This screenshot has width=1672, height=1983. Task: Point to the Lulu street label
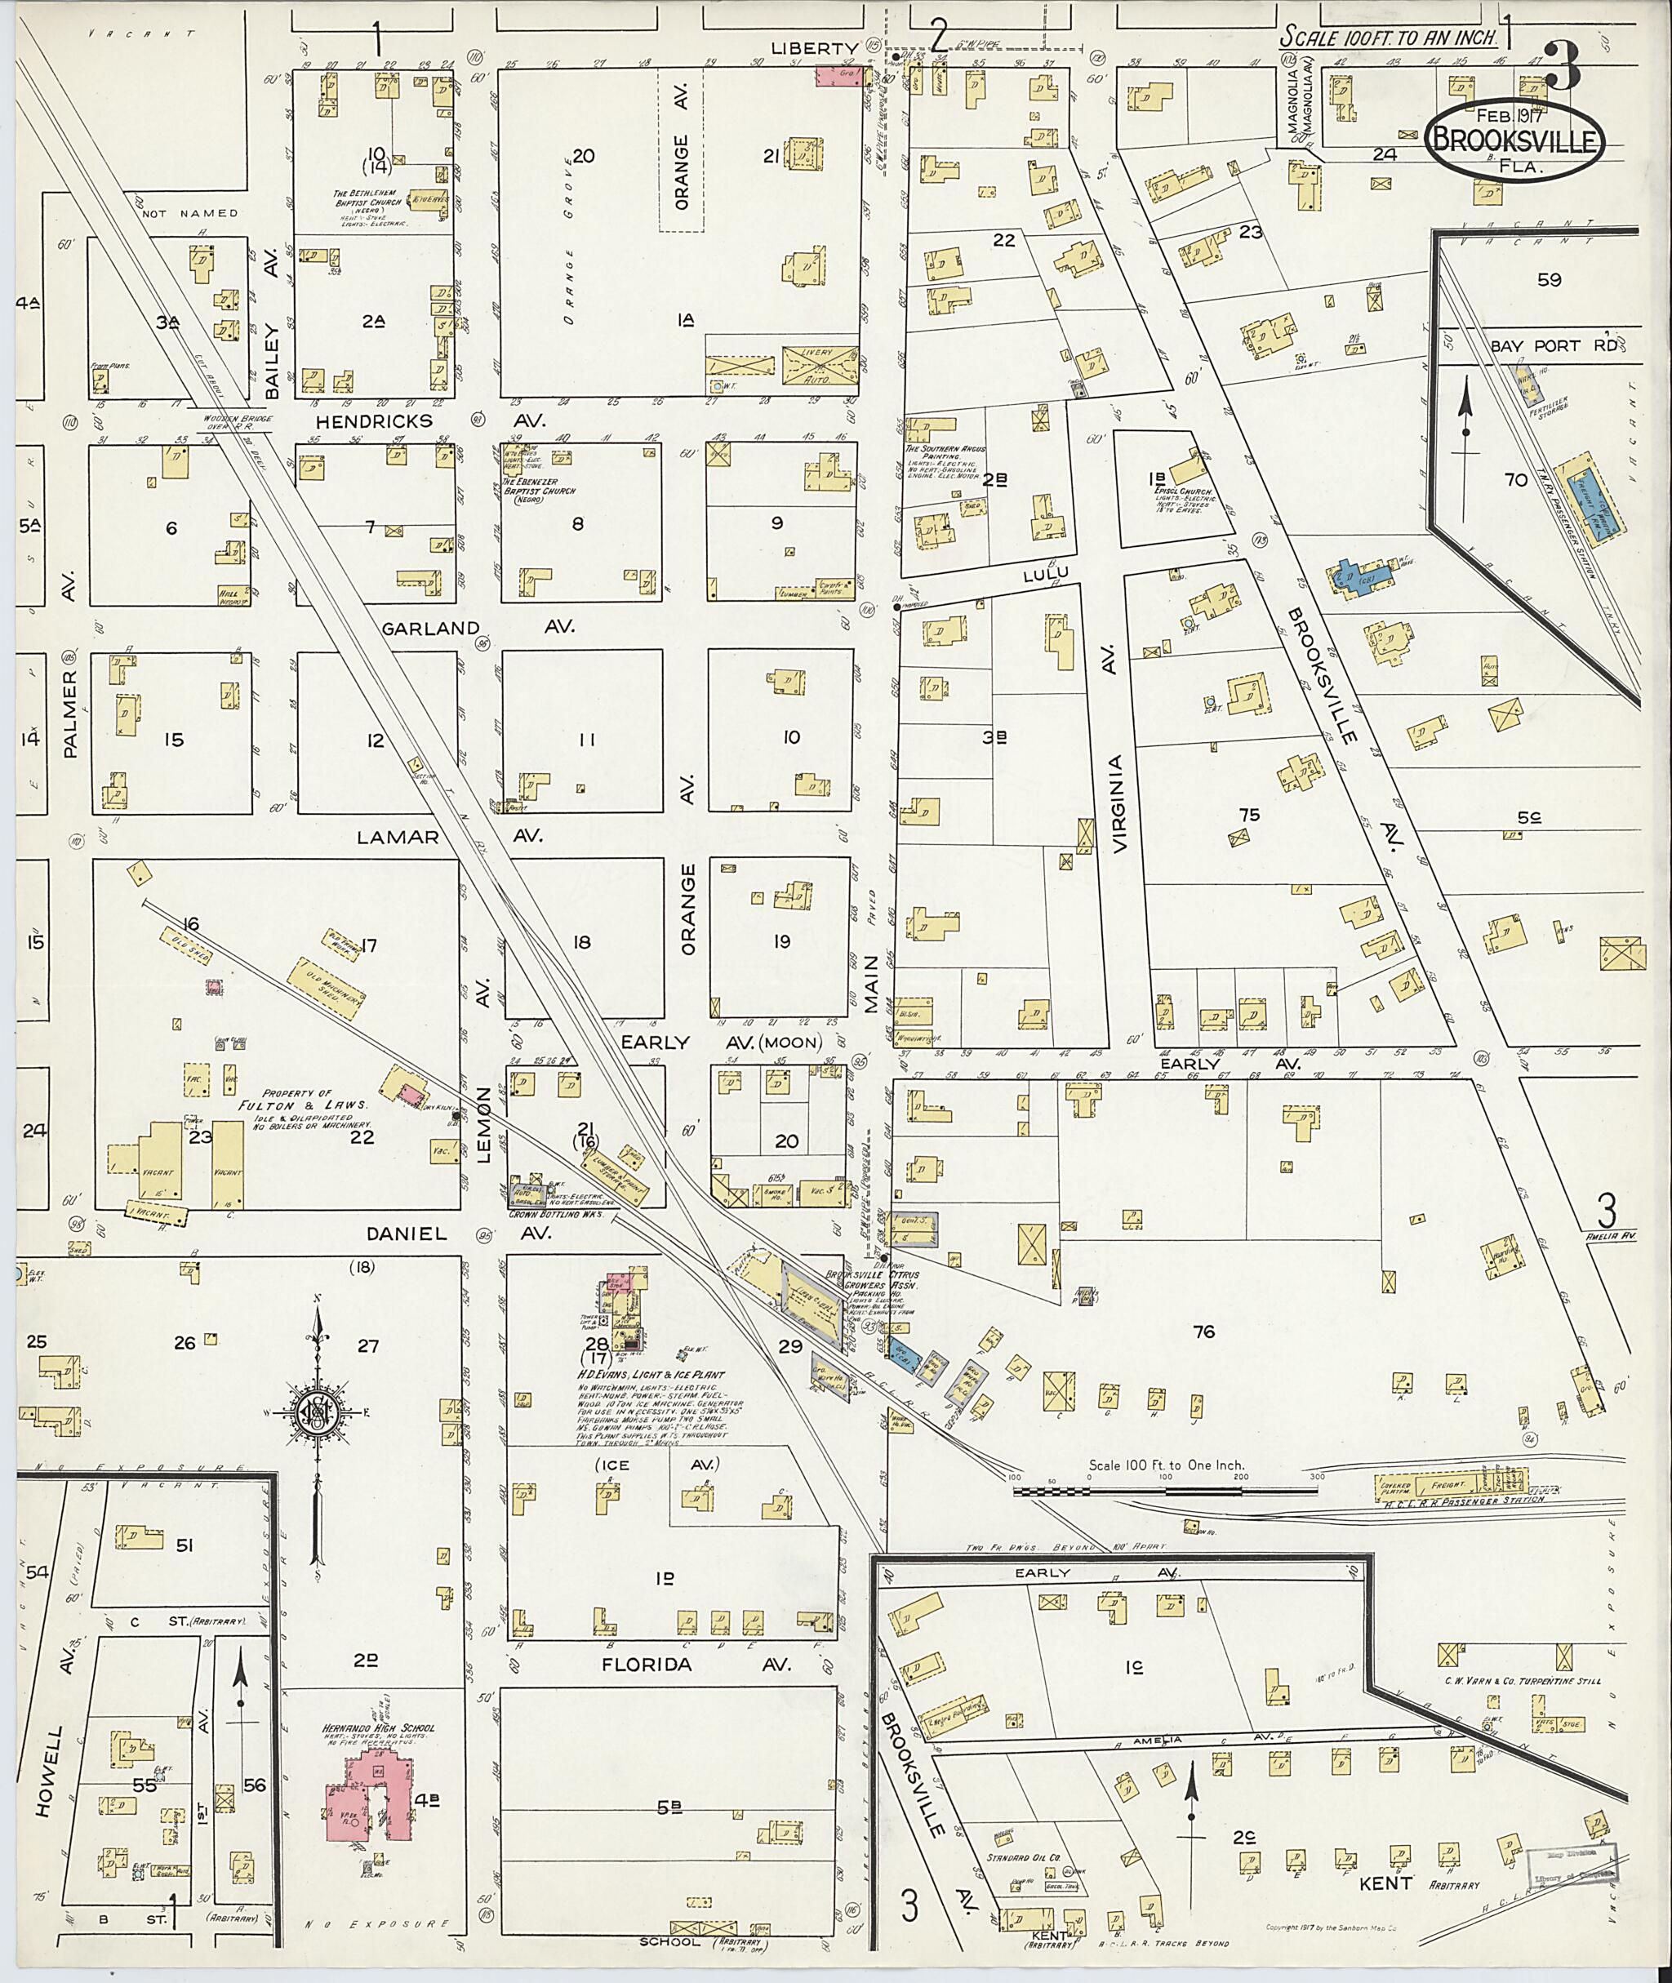tap(1046, 572)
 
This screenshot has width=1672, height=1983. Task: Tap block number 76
tap(1203, 1332)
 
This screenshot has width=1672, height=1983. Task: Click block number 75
tap(1249, 814)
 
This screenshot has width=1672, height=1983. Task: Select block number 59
tap(1549, 280)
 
